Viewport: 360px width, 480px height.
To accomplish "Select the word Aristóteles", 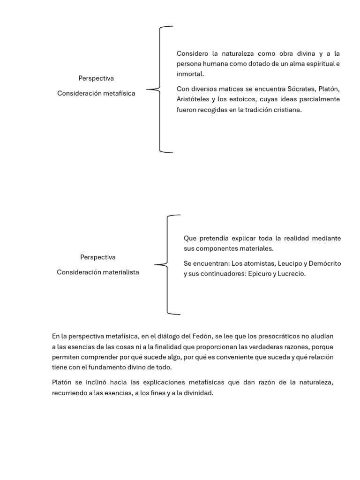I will pos(194,99).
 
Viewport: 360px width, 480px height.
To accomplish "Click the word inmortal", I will pos(190,74).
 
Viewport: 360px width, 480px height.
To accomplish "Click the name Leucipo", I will pos(275,263).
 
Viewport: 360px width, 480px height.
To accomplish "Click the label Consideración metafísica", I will pos(96,93).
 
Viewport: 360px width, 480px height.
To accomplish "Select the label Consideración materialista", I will pos(98,272).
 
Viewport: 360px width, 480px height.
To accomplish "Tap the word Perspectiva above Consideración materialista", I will pos(98,257).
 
